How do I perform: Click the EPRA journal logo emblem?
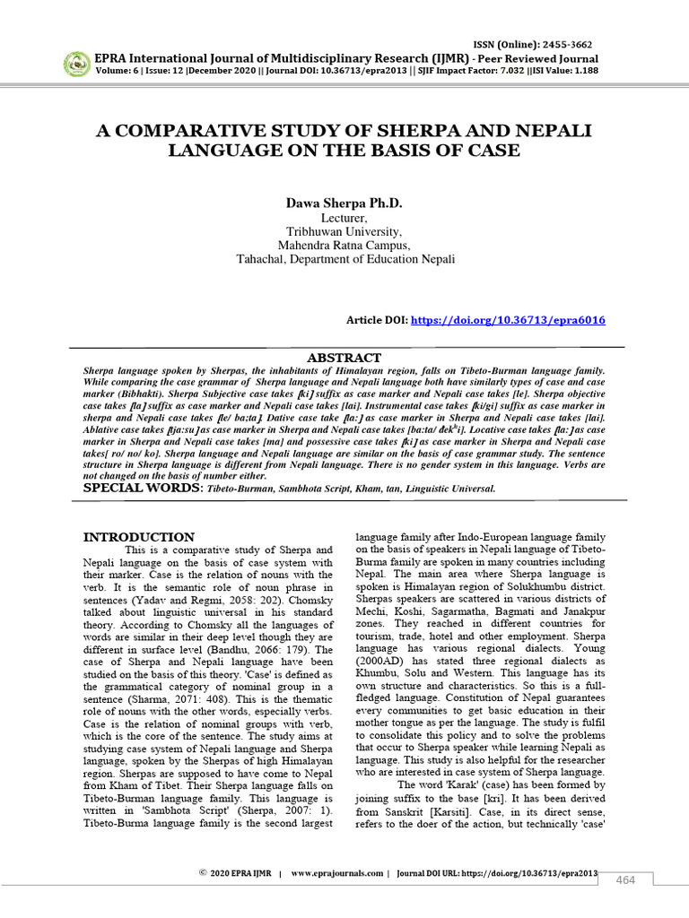pos(76,64)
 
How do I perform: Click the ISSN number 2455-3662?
pos(564,45)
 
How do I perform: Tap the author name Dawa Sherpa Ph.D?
pos(344,204)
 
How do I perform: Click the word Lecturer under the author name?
pos(344,219)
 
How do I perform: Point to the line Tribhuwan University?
pos(344,232)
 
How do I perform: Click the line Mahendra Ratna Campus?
pos(344,246)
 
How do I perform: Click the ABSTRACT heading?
pos(344,356)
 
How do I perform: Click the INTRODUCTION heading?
pos(139,537)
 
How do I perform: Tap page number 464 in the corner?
pos(625,880)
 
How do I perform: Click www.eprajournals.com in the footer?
pos(337,872)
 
